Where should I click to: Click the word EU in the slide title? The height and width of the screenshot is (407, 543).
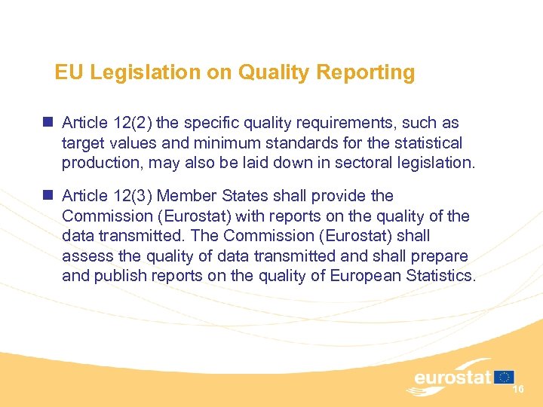(67, 72)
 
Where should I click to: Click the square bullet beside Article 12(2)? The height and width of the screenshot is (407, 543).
(48, 121)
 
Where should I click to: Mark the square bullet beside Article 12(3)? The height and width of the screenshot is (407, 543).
(48, 194)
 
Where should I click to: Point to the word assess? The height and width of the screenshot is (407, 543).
(87, 256)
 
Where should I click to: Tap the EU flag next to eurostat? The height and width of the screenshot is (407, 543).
(505, 376)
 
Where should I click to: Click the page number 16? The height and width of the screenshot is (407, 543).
(518, 388)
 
